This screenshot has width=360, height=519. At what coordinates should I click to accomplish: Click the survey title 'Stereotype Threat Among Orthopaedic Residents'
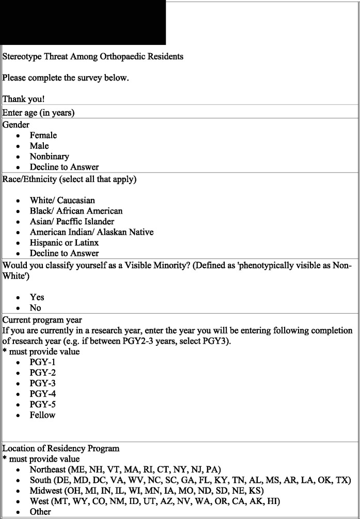(x=93, y=56)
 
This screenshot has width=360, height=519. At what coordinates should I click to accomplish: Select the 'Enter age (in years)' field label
(x=38, y=113)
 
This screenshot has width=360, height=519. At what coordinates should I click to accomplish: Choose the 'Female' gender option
(x=43, y=135)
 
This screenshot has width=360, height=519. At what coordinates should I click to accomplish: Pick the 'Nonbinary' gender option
(x=49, y=157)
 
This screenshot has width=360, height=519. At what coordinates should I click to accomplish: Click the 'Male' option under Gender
(x=39, y=146)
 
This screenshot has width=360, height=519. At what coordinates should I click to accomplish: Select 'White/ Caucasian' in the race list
(x=62, y=200)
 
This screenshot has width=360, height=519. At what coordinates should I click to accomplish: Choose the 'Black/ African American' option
(x=76, y=211)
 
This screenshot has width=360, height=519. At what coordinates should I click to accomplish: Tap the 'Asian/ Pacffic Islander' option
(x=72, y=221)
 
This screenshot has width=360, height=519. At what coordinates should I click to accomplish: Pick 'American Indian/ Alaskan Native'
(x=91, y=232)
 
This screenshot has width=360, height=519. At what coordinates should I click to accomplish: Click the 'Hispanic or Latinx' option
(x=64, y=242)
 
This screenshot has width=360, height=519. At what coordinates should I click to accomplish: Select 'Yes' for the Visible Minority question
(x=37, y=297)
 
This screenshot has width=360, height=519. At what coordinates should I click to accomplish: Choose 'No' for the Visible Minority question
(x=35, y=308)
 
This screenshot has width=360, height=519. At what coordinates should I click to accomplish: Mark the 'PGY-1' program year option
(x=42, y=362)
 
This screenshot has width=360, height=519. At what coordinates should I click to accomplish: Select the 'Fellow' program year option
(x=42, y=415)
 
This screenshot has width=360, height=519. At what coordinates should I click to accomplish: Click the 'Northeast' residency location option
(x=125, y=469)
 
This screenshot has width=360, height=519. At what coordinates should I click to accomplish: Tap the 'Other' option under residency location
(x=40, y=512)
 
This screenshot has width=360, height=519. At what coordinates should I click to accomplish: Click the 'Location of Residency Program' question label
(x=61, y=448)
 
